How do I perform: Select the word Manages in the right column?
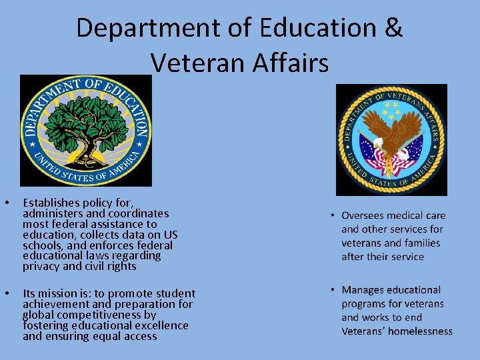click(x=363, y=290)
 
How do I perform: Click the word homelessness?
click(x=418, y=331)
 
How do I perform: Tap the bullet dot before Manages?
click(x=331, y=290)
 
